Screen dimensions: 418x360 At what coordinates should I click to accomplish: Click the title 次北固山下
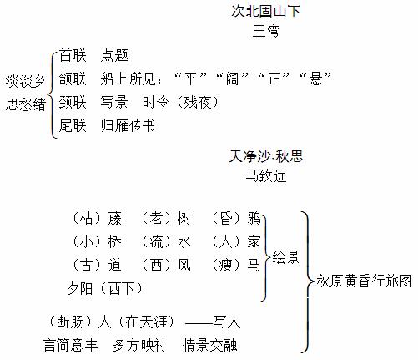point(266,11)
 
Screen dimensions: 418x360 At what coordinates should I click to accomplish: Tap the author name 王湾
point(265,31)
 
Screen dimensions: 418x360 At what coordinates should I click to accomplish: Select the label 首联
point(73,55)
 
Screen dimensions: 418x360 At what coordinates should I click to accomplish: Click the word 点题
point(114,55)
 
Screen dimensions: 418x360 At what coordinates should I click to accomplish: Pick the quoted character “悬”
point(315,79)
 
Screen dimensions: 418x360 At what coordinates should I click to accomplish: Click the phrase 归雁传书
point(128,125)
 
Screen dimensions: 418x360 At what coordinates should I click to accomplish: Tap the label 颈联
point(73,102)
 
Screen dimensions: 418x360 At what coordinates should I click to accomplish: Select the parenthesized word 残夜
point(198,102)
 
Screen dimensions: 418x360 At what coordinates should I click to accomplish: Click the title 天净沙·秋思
point(266,156)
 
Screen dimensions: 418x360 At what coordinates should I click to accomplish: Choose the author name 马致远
point(266,175)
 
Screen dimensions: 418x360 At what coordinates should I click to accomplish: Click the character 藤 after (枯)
point(114,218)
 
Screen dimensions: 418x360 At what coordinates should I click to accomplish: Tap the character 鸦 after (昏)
point(254,218)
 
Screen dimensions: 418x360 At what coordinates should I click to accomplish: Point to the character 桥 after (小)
point(114,241)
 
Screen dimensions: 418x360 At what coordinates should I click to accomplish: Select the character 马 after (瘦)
point(254,265)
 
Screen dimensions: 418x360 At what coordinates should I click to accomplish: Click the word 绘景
point(285,257)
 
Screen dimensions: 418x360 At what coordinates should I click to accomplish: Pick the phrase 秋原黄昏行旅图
point(365,281)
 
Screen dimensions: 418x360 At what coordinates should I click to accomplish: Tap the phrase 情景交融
point(210,345)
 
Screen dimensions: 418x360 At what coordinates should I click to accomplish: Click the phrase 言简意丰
point(71,345)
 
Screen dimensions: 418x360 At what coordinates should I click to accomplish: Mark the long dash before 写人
point(199,324)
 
